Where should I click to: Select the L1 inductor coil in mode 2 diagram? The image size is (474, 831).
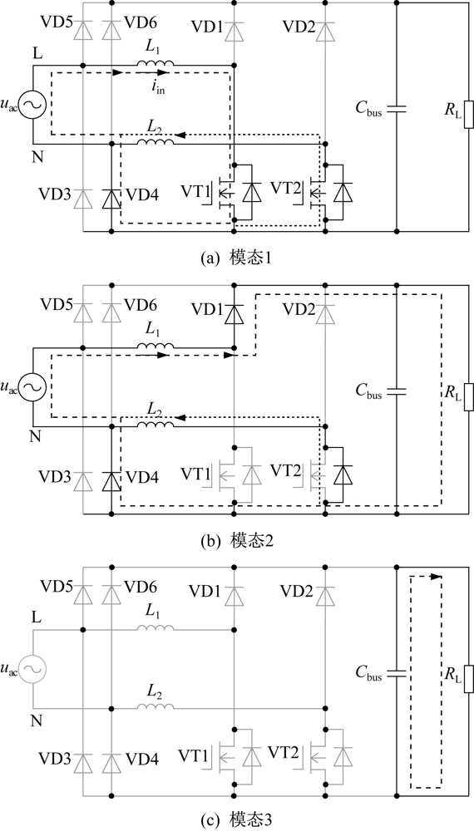coord(156,347)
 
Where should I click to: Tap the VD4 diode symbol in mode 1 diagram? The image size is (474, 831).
coord(111,199)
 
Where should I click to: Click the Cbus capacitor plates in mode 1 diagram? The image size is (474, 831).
coord(397,109)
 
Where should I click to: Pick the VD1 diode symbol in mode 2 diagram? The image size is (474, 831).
coord(234,315)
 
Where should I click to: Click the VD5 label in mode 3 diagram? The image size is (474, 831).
coord(55,587)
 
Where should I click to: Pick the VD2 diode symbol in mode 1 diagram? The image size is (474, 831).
coord(325,32)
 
